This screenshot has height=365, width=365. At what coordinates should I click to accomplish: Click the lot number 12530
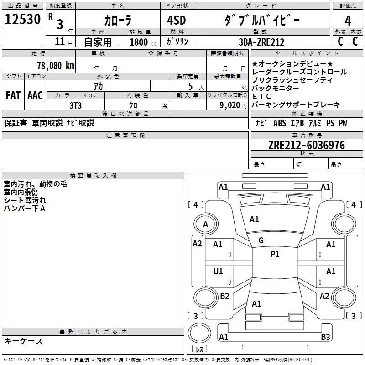click(22, 19)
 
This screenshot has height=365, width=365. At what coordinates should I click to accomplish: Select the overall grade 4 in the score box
click(348, 21)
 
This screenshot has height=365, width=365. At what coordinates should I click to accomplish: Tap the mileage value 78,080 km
click(56, 66)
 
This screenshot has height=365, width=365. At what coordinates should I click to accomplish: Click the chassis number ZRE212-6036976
click(307, 145)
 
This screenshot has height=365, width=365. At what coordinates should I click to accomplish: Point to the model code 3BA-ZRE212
click(261, 42)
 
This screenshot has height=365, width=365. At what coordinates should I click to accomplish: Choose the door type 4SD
click(177, 20)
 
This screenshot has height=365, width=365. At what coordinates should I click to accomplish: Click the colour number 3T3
click(75, 105)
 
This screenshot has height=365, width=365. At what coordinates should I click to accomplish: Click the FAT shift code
click(13, 95)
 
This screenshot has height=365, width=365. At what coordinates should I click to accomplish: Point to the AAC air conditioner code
click(35, 95)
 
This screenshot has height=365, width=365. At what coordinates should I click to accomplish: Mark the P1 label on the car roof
click(275, 254)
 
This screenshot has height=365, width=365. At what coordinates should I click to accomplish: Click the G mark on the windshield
click(261, 240)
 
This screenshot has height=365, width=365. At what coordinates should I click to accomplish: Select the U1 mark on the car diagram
click(218, 271)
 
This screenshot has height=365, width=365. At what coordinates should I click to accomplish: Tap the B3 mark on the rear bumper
click(325, 337)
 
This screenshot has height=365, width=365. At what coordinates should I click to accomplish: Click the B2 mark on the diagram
click(224, 296)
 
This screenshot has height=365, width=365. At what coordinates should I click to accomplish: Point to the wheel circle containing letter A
click(206, 224)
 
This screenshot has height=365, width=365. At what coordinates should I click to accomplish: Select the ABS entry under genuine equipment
click(280, 123)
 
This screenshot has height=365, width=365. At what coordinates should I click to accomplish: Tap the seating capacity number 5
click(190, 86)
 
